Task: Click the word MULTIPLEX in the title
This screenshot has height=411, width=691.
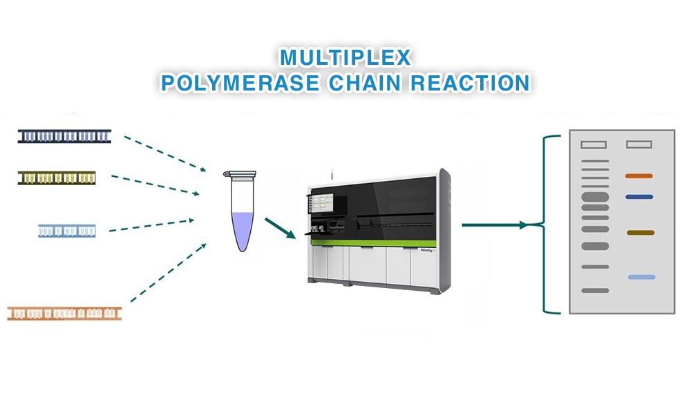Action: [345, 57]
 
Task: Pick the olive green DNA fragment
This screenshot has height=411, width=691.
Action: [57, 178]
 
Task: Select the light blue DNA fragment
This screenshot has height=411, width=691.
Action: [66, 231]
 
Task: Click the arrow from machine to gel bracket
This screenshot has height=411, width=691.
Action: [495, 224]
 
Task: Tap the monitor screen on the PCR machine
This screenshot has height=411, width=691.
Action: [321, 204]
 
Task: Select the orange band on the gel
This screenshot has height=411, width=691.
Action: [639, 176]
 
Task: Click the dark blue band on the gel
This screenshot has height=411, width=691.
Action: [639, 197]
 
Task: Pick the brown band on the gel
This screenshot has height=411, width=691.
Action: [641, 233]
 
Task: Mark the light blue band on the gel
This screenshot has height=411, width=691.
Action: [641, 277]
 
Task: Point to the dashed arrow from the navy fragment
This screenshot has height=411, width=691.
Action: [166, 153]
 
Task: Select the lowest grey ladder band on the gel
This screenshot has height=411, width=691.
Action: [595, 291]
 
